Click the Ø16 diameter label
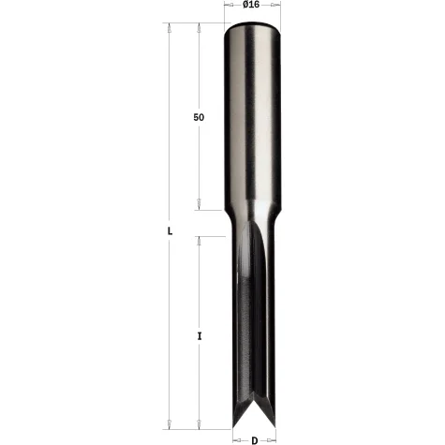point(251,5)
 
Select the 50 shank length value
point(199,117)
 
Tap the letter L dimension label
point(170,231)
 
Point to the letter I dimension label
point(200,336)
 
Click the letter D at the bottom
point(255,440)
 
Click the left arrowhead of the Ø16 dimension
point(230,5)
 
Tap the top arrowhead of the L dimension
point(169,28)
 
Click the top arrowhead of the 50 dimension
point(199,28)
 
